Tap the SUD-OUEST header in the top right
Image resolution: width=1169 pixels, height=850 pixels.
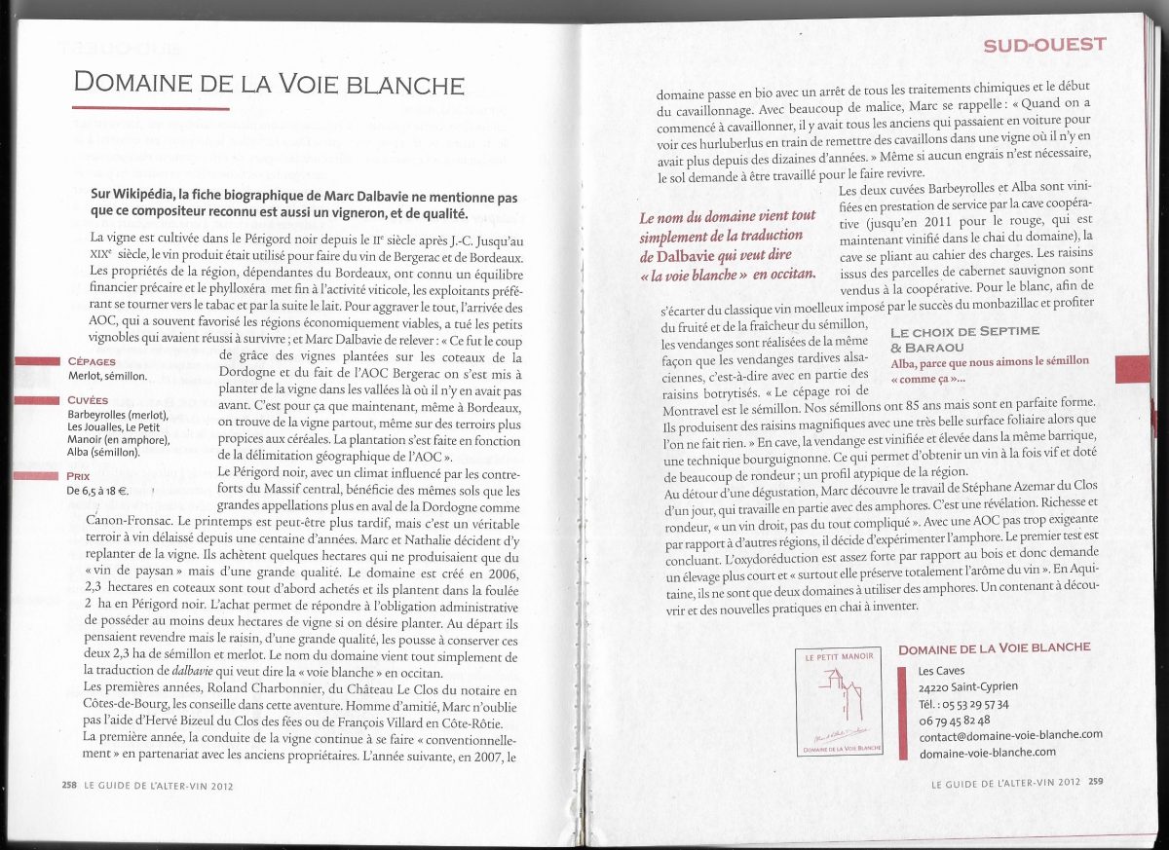pos(1044,44)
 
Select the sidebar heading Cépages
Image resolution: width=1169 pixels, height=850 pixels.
pos(94,361)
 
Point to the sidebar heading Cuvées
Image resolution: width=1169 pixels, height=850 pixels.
pos(89,400)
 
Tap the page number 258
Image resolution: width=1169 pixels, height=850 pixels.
pos(69,783)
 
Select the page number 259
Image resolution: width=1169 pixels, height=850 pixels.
pos(1096,780)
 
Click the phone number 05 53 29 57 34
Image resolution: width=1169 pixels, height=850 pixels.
pos(964,704)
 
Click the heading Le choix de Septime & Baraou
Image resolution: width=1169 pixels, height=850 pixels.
pos(964,338)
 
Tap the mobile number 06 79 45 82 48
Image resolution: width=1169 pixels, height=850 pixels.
pos(955,720)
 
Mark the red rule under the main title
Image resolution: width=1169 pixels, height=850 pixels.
pos(151,108)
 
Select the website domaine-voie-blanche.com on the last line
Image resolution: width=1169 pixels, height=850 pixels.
pos(987,752)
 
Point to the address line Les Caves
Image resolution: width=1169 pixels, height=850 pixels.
pos(938,671)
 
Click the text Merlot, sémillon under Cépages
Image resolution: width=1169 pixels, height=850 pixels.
pos(107,376)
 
